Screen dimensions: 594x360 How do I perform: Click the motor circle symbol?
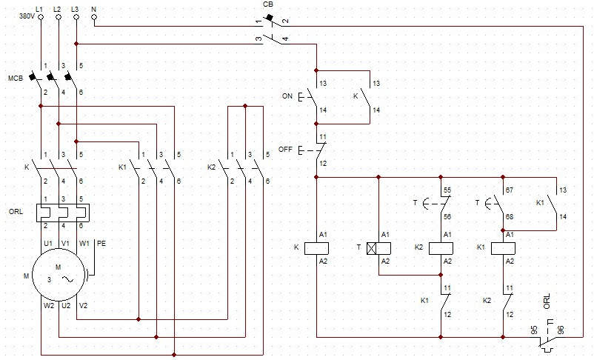pos(59,275)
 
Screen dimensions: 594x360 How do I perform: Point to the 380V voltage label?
pos(27,17)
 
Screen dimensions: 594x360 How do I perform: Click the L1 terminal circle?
pos(41,17)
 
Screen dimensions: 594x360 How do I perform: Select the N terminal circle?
pos(94,17)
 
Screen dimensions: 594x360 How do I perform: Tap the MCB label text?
pos(16,79)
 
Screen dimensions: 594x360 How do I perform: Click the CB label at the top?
pos(268,4)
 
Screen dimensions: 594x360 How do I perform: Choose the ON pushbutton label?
pos(287,96)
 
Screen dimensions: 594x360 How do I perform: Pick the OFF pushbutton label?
pos(285,150)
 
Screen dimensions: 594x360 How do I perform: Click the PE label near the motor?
pos(101,243)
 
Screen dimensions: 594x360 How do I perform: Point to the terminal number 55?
pos(447,190)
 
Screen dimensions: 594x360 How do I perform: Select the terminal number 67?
pos(510,190)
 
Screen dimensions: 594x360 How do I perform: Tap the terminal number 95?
pos(534,330)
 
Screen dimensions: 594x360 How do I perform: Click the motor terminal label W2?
pos(49,305)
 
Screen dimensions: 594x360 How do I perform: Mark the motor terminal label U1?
pos(48,243)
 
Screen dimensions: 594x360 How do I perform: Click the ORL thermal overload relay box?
pos(63,213)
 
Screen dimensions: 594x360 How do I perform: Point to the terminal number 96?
pos(561,330)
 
